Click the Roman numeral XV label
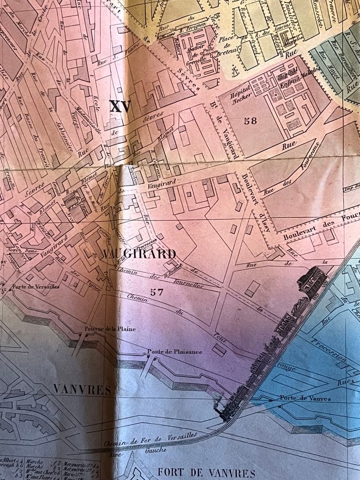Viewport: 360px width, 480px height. point(120,106)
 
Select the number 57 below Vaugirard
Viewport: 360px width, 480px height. point(156,292)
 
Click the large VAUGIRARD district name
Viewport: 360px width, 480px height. point(139,254)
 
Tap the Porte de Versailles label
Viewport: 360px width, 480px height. point(36,287)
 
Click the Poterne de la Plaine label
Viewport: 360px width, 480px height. point(110,329)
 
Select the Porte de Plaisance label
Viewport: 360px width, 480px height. point(175,352)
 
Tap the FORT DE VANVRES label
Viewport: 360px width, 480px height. point(206,472)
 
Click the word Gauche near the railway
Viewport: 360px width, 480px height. point(156,450)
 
